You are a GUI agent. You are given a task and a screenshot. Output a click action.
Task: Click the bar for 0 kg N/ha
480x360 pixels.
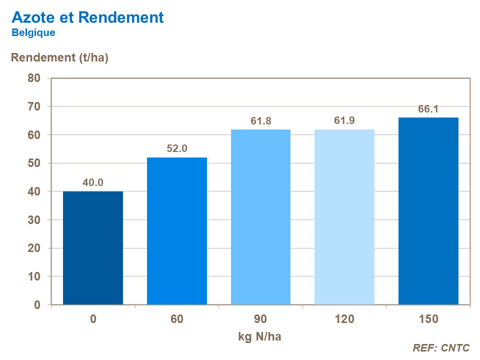pyautogui.click(x=93, y=248)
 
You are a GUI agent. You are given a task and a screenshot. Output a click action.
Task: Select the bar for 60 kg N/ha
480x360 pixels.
pyautogui.click(x=177, y=231)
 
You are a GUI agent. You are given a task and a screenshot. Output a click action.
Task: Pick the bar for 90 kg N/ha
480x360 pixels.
pyautogui.click(x=260, y=217)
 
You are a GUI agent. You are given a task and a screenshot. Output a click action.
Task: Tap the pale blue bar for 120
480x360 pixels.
pyautogui.click(x=344, y=217)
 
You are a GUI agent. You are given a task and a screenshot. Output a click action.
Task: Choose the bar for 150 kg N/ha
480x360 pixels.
pyautogui.click(x=428, y=211)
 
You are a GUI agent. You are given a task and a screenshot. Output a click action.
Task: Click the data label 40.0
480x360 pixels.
pyautogui.click(x=93, y=183)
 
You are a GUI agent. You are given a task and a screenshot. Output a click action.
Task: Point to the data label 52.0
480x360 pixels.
pyautogui.click(x=177, y=149)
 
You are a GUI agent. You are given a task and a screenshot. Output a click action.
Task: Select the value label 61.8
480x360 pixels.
pyautogui.click(x=260, y=121)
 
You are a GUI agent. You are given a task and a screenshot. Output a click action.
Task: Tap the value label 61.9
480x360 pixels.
pyautogui.click(x=344, y=121)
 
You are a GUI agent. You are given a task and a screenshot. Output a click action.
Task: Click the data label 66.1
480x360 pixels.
pyautogui.click(x=428, y=109)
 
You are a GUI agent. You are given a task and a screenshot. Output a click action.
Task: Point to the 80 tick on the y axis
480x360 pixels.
pyautogui.click(x=34, y=78)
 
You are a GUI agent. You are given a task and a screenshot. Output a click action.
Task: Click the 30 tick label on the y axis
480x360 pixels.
pyautogui.click(x=34, y=220)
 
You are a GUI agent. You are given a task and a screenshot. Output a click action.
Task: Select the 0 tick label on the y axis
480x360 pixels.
pyautogui.click(x=37, y=305)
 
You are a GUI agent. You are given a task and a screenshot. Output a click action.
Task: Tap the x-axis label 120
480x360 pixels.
pyautogui.click(x=344, y=319)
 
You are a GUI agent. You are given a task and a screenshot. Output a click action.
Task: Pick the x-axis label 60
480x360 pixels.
pyautogui.click(x=177, y=319)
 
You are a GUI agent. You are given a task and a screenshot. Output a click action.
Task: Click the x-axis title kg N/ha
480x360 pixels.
pyautogui.click(x=260, y=336)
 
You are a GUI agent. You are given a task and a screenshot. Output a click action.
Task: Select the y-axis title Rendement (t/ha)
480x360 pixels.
pyautogui.click(x=59, y=57)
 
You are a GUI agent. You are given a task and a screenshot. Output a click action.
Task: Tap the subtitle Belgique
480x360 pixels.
pyautogui.click(x=33, y=33)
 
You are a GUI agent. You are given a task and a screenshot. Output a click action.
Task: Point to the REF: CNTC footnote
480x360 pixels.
pyautogui.click(x=441, y=348)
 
